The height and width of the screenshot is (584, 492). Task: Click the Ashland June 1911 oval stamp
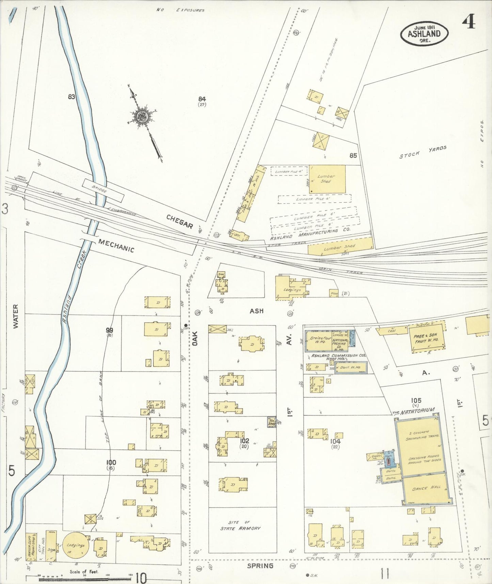pos(424,33)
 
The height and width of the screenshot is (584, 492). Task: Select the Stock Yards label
pos(423,152)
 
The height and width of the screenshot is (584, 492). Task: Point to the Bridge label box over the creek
pos(103,190)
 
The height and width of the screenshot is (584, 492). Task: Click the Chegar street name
pos(180,222)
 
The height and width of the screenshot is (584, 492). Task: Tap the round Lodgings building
pos(76,545)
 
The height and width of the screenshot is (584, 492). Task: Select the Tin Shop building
pos(271,422)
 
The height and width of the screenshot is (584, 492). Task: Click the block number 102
pos(244,441)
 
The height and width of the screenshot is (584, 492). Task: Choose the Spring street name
pos(260,566)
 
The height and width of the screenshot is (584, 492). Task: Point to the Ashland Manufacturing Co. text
pos(310,234)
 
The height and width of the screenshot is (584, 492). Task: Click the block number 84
pos(202,99)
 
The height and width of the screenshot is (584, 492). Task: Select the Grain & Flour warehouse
pos(318,340)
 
